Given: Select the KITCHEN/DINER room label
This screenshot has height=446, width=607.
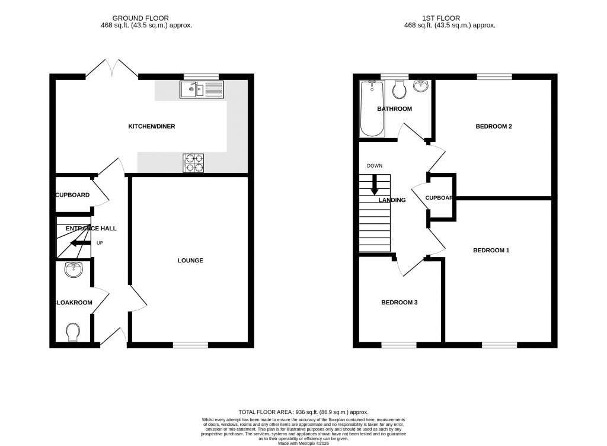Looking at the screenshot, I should [152, 126].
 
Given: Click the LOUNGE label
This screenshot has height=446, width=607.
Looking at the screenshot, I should [190, 261].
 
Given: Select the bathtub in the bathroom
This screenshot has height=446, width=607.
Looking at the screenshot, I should [372, 108].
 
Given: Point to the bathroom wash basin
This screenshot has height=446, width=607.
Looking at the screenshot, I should [420, 86].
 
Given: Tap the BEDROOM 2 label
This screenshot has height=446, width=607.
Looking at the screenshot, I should [494, 126].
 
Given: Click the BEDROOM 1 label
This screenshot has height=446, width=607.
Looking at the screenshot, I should [491, 251].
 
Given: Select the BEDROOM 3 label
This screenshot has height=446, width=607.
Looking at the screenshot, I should [399, 303].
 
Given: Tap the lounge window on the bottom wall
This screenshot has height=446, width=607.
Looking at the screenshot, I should [190, 344].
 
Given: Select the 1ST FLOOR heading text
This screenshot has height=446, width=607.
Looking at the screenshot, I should [449, 18].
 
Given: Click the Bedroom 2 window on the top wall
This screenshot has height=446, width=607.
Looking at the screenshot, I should [494, 76].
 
